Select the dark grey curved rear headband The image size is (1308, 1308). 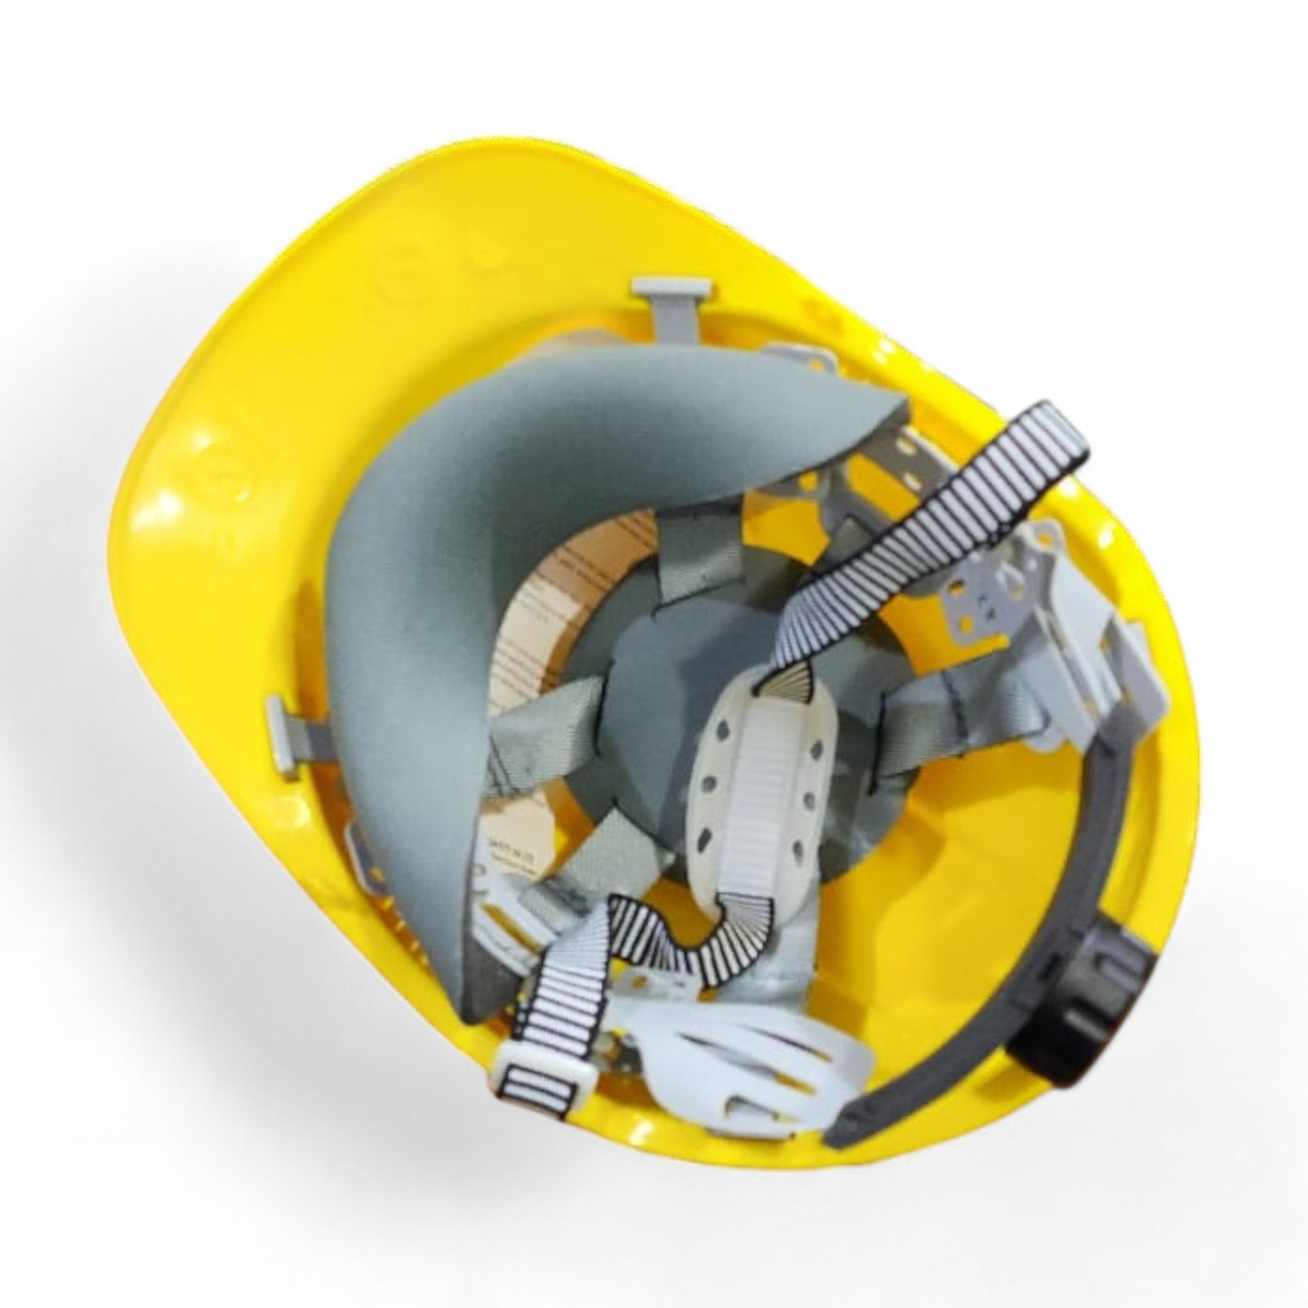tap(1059, 905)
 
